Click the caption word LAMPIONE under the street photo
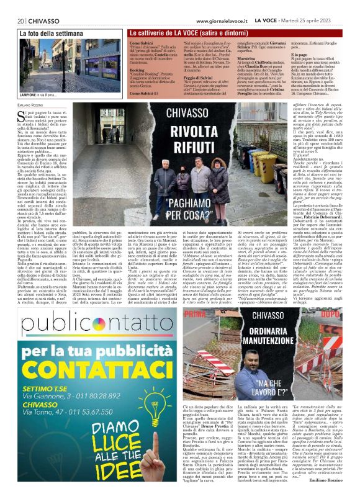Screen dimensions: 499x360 coord(30,94)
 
